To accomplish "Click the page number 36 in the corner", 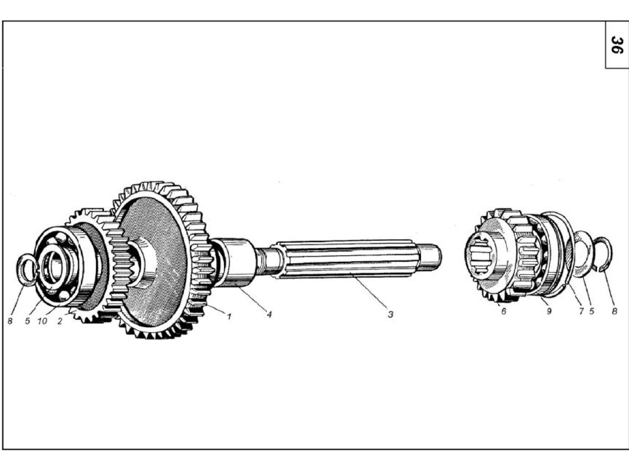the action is click(x=617, y=45).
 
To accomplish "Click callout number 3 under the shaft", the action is click(x=391, y=314).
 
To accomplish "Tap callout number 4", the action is click(x=269, y=315).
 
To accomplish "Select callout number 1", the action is click(x=229, y=317).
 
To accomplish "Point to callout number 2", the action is click(x=60, y=321).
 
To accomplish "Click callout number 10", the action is click(x=42, y=321).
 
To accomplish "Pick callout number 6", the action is click(x=504, y=311).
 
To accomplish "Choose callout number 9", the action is click(x=549, y=311).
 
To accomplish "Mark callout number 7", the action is click(x=581, y=311).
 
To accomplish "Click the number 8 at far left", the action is click(x=10, y=321).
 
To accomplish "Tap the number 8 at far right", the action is click(x=614, y=311).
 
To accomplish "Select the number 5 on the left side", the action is click(x=27, y=321).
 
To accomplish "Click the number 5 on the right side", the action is click(x=592, y=311).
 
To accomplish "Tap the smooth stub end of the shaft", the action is click(x=430, y=256).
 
